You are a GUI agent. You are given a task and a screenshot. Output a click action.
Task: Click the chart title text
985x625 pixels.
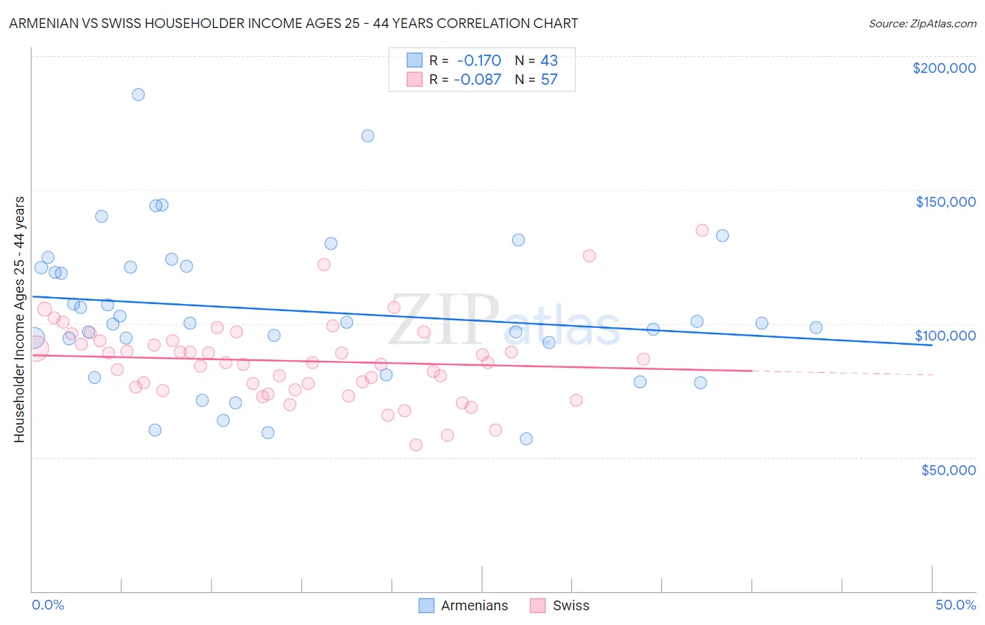[x=294, y=23]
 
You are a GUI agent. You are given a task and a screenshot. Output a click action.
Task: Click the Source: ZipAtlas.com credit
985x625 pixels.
[x=922, y=24]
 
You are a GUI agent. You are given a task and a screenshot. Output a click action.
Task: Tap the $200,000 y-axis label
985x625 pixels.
[x=944, y=68]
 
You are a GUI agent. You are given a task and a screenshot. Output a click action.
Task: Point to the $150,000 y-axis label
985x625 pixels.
[x=945, y=202]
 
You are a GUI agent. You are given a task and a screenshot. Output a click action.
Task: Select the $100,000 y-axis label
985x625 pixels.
[x=945, y=336]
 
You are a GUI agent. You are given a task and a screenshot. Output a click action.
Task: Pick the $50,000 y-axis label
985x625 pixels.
[x=948, y=469]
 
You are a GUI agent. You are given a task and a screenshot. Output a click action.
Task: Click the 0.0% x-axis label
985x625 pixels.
[x=48, y=605]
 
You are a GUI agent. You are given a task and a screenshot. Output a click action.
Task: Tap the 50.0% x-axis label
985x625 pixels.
[x=956, y=605]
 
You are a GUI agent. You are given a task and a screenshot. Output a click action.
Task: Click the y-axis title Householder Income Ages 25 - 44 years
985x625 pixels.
[x=20, y=320]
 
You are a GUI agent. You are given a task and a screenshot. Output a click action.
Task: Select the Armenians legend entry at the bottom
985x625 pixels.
[x=463, y=605]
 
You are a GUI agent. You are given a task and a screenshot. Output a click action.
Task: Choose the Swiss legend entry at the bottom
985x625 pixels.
[x=560, y=605]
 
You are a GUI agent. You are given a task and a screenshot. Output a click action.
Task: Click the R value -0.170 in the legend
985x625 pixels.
[x=479, y=61]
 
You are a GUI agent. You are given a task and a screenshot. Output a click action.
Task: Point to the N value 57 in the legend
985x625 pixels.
[x=549, y=80]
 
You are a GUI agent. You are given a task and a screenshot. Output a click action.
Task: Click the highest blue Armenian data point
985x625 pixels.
[x=138, y=95]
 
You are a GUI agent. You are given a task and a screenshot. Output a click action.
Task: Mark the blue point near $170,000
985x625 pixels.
[x=368, y=136]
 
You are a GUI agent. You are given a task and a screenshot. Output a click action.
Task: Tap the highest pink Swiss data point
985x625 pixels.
[x=702, y=231]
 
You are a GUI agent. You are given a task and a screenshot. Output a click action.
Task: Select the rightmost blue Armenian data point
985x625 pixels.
[x=816, y=327]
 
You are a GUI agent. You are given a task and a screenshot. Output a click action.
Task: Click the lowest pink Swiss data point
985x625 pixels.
[x=416, y=445]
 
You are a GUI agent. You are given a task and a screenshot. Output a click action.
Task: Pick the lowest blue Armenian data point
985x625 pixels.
[x=526, y=439]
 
